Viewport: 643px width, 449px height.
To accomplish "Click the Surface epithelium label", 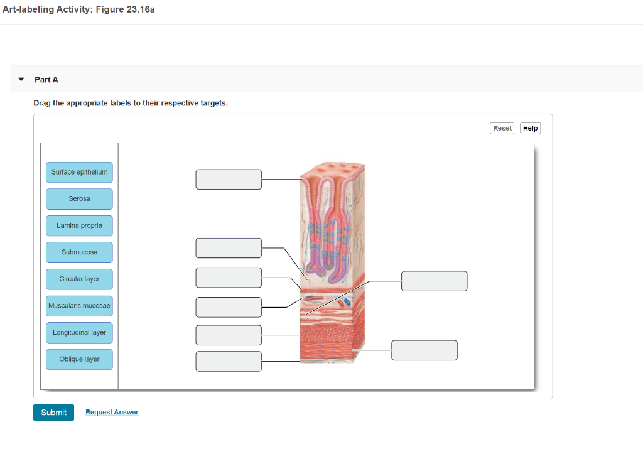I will point(79,172).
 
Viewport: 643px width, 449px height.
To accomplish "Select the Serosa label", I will point(79,199).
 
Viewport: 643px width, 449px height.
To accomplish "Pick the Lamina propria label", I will point(79,225).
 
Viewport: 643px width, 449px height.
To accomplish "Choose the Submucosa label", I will point(79,252).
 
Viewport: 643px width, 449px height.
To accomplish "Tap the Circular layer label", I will point(79,279).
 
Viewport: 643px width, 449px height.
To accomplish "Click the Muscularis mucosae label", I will point(79,306).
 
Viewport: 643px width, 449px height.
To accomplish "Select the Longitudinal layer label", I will point(79,333).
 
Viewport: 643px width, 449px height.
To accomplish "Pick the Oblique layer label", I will point(79,359).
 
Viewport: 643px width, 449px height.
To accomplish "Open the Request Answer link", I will point(112,412).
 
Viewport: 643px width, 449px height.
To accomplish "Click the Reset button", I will point(502,128).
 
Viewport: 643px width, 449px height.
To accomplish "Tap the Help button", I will point(530,128).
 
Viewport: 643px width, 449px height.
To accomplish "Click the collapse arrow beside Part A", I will point(21,80).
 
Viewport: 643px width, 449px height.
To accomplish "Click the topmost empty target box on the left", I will point(229,179).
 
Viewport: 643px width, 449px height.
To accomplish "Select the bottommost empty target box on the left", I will point(229,361).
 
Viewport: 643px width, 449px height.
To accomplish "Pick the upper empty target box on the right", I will point(434,281).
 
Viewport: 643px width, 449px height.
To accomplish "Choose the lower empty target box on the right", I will point(424,350).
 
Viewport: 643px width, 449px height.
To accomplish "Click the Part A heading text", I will point(46,80).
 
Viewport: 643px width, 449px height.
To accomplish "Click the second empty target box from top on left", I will point(229,248).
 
